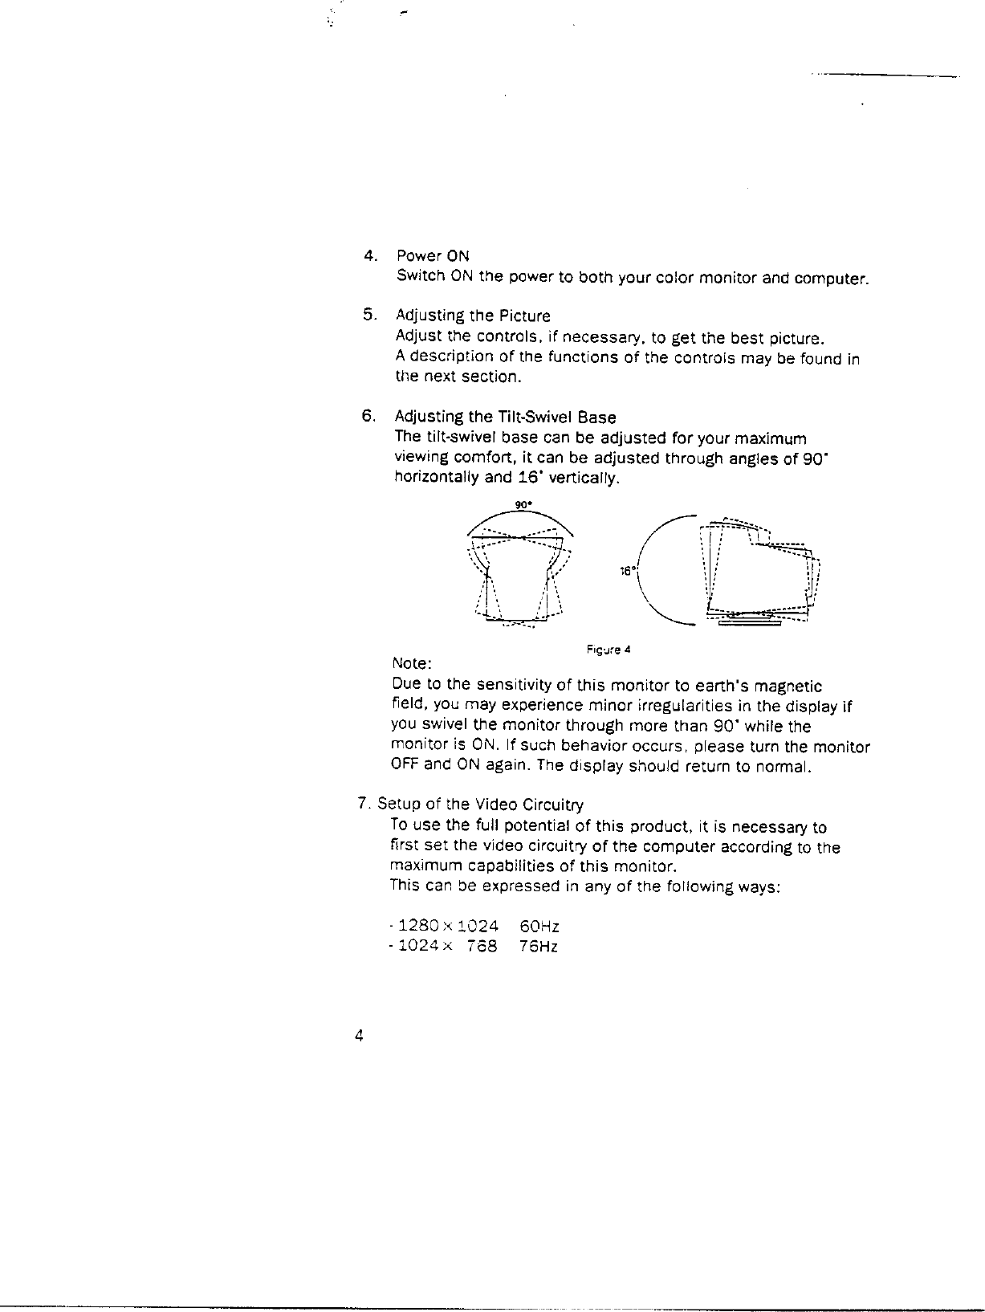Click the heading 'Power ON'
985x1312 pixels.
pos(433,256)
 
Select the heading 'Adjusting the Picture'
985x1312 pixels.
pos(473,316)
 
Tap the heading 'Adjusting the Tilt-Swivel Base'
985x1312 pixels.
pos(505,418)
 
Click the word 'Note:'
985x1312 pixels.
pos(413,665)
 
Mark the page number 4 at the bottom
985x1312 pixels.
pos(360,1036)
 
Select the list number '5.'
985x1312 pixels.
pos(369,315)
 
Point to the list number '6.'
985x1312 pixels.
pos(368,416)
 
